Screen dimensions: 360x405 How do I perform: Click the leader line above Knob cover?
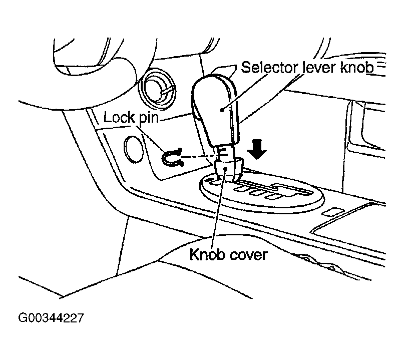tap(221, 210)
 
